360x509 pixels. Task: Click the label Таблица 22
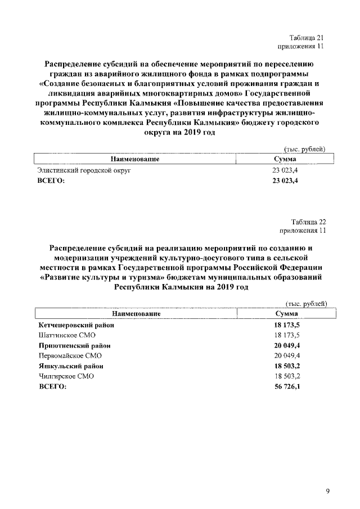[x=308, y=222]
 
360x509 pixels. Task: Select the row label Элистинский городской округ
[x=83, y=170]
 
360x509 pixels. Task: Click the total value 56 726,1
[x=286, y=386]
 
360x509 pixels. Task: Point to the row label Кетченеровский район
[x=76, y=326]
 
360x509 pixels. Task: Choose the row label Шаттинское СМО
[x=63, y=336]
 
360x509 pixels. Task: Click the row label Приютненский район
[x=74, y=346]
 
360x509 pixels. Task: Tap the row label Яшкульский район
[x=70, y=366]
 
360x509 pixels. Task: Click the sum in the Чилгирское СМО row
[x=286, y=376]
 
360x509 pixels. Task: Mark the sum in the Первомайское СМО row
[x=286, y=356]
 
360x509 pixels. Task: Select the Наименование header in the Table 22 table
[x=137, y=313]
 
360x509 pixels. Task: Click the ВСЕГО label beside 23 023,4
[x=51, y=180]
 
